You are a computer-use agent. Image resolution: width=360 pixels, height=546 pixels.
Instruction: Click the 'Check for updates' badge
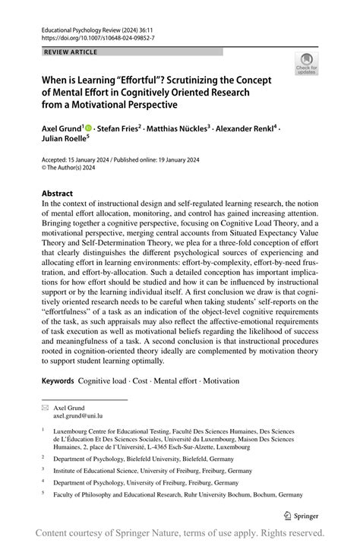(308, 65)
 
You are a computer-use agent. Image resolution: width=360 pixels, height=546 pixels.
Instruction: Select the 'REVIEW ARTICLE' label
(71, 52)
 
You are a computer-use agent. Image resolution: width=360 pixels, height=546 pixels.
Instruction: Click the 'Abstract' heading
(57, 194)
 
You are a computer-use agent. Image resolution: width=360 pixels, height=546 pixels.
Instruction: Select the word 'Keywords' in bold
(58, 378)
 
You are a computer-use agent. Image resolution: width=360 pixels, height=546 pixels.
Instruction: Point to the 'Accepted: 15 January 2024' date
(72, 161)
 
